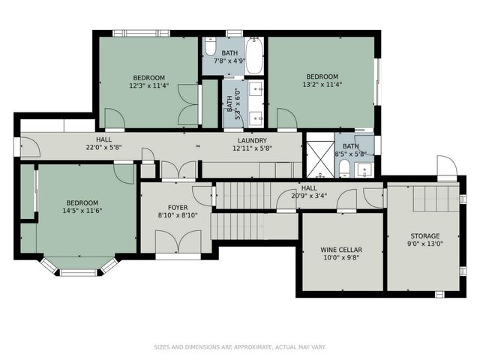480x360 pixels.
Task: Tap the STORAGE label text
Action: coord(424,235)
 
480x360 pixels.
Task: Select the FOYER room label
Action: coord(178,207)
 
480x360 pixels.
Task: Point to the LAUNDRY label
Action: coord(252,140)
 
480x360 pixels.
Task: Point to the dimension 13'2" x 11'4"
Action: coord(322,85)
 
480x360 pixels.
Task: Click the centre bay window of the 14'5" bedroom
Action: coord(78,272)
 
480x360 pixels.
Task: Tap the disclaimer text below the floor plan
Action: coord(240,346)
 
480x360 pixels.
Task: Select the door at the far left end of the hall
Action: coord(28,148)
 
